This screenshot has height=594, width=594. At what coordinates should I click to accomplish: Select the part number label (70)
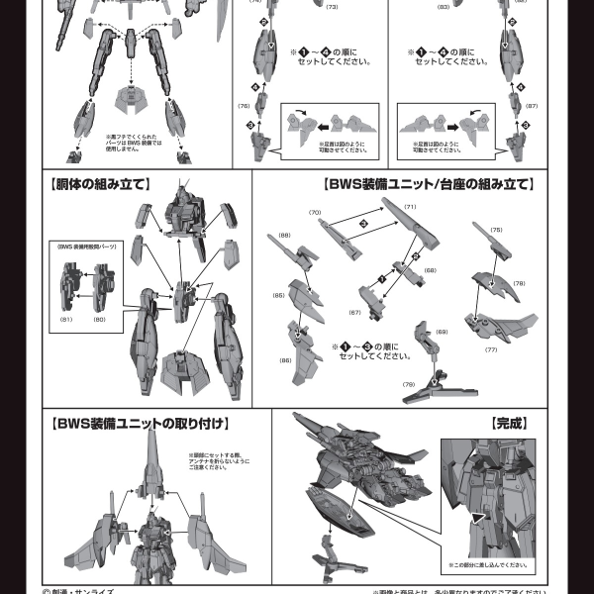click(x=316, y=213)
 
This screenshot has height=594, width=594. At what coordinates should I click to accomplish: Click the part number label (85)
click(x=279, y=295)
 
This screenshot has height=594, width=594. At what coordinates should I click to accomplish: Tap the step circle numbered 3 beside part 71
click(x=364, y=226)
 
